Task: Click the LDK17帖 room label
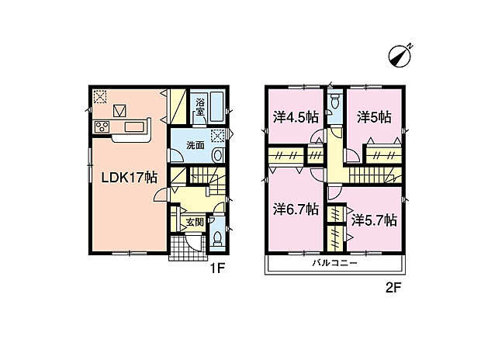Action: (x=129, y=178)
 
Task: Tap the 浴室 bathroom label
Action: (x=201, y=107)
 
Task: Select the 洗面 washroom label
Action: (x=196, y=145)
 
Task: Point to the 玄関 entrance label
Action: (x=195, y=222)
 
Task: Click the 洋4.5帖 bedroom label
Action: (x=296, y=117)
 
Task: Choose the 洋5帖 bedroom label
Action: (x=374, y=117)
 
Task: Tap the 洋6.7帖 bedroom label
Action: (x=296, y=209)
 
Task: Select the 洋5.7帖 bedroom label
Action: (x=374, y=220)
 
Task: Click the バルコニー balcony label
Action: (x=335, y=263)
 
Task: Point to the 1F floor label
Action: (x=217, y=268)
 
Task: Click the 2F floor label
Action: (x=393, y=288)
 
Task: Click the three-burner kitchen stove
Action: (x=102, y=126)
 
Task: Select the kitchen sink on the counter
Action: (x=135, y=126)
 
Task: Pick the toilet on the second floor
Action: (x=334, y=101)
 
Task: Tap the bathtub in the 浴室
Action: (x=217, y=107)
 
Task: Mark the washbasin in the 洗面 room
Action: (x=217, y=155)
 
